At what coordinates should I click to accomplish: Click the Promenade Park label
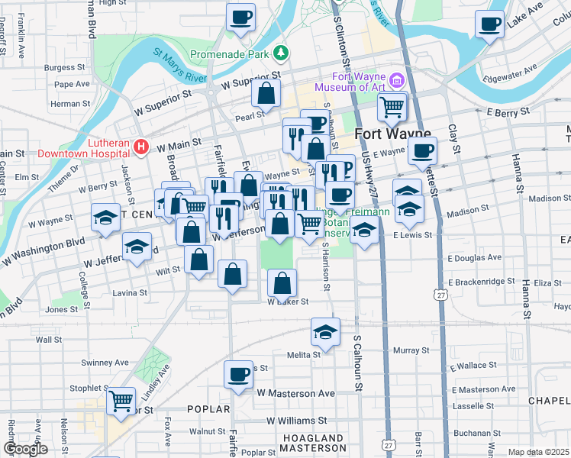[231, 55]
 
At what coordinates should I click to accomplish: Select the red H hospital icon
[140, 145]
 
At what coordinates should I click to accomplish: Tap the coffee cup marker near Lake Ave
[489, 24]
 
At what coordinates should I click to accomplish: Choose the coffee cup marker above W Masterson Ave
[239, 374]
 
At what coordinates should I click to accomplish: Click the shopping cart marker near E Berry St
[392, 108]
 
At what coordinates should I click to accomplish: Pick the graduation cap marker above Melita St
[325, 332]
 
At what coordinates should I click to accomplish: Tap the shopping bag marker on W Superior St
[266, 94]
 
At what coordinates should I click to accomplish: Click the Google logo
[25, 449]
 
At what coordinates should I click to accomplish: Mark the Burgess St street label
[60, 67]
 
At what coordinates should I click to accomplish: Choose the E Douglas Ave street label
[475, 259]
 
